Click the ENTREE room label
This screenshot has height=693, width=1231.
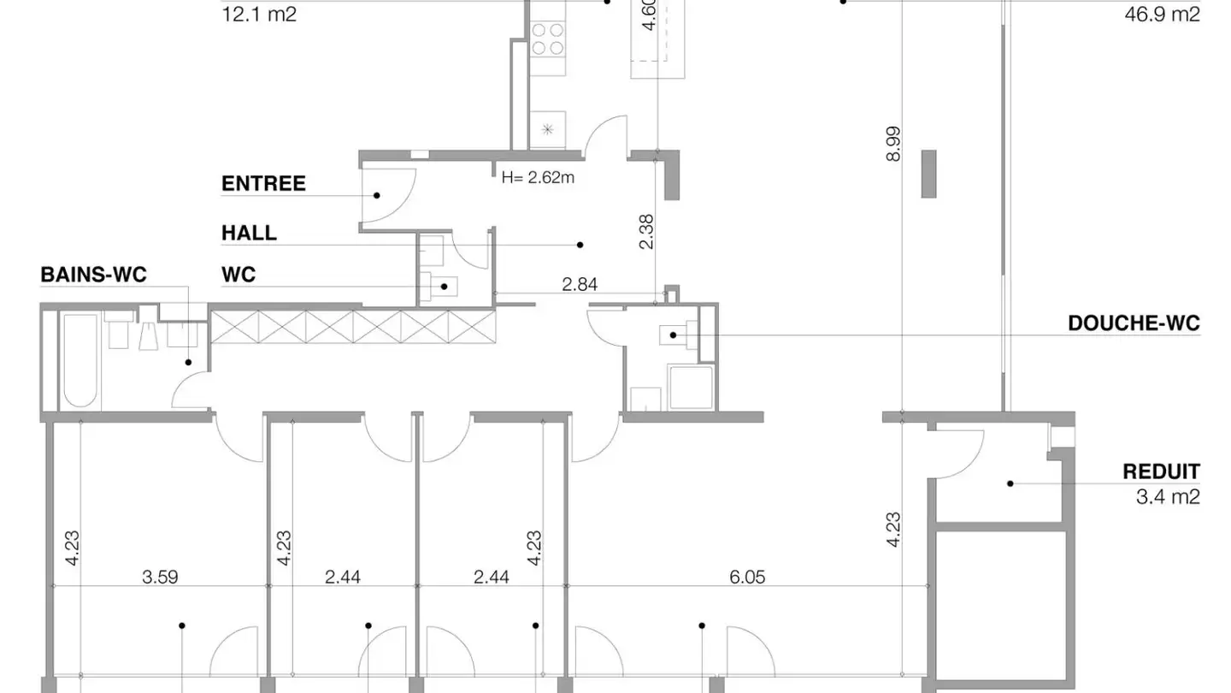pos(263,184)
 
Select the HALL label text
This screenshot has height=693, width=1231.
pos(249,234)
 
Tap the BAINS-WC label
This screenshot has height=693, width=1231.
pos(93,275)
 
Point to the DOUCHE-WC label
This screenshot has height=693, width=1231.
pos(1134,323)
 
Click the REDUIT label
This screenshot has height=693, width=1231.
pos(1161,472)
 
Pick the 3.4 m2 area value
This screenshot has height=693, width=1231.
pos(1168,497)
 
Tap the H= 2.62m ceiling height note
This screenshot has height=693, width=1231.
pos(538,178)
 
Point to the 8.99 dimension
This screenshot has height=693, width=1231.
pos(893,144)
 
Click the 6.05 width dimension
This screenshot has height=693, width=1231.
pos(747,577)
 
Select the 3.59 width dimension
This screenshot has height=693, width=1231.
pos(160,577)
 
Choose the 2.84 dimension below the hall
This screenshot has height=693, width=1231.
pos(580,284)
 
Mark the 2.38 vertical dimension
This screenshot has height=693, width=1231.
pos(647,232)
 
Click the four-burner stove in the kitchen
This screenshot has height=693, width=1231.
pos(548,38)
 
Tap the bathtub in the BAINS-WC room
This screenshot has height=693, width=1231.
pos(80,361)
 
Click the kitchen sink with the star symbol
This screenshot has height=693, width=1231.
pos(547,129)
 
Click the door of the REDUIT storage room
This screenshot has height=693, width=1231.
pos(957,454)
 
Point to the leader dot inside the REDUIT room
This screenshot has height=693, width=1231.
pos(1010,484)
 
